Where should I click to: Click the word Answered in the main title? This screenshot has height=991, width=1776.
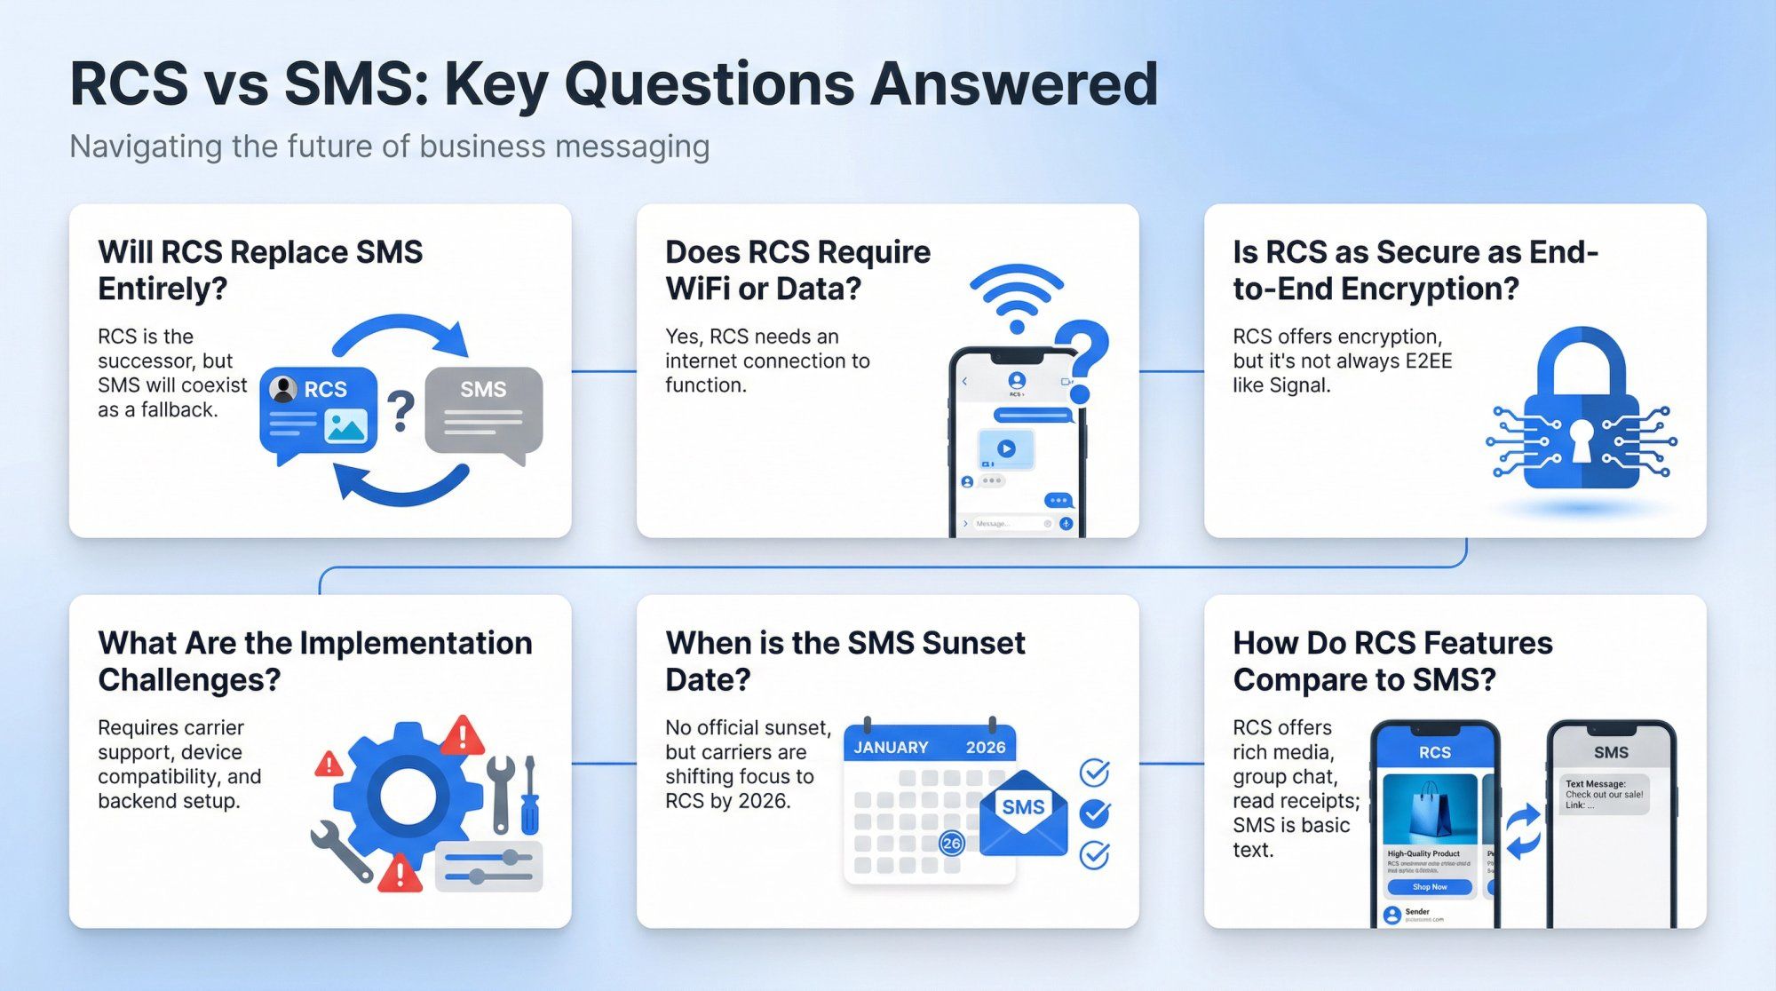click(x=1013, y=85)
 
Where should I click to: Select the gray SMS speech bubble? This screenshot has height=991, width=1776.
click(x=484, y=410)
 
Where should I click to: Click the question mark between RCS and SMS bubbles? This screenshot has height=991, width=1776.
click(x=401, y=411)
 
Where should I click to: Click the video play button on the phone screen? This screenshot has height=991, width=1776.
click(x=1005, y=449)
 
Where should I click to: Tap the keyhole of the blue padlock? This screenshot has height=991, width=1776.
click(x=1582, y=440)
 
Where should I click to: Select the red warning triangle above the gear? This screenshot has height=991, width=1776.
click(x=463, y=736)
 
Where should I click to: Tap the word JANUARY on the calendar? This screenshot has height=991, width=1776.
click(x=891, y=748)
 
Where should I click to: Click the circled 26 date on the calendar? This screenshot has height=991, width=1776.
click(x=951, y=843)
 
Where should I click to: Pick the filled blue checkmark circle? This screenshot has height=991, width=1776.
click(x=1094, y=813)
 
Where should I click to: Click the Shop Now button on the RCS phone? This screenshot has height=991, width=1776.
click(x=1429, y=886)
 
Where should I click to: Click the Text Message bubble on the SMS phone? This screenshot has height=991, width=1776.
click(x=1604, y=794)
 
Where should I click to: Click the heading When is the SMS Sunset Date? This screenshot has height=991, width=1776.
click(x=844, y=661)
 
